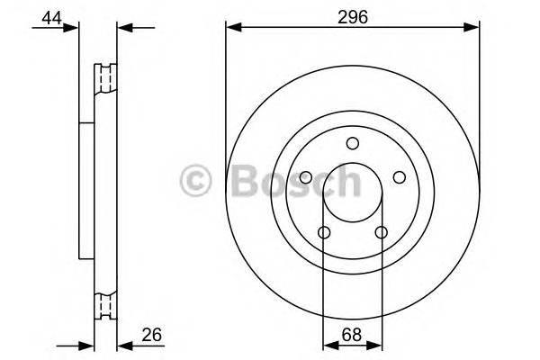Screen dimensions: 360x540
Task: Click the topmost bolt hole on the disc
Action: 352,142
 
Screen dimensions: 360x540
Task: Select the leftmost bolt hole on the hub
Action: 305,177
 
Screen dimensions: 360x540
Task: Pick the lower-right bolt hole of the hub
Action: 381,233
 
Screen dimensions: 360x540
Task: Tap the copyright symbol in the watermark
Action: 196,181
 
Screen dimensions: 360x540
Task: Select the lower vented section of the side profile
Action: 106,306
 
